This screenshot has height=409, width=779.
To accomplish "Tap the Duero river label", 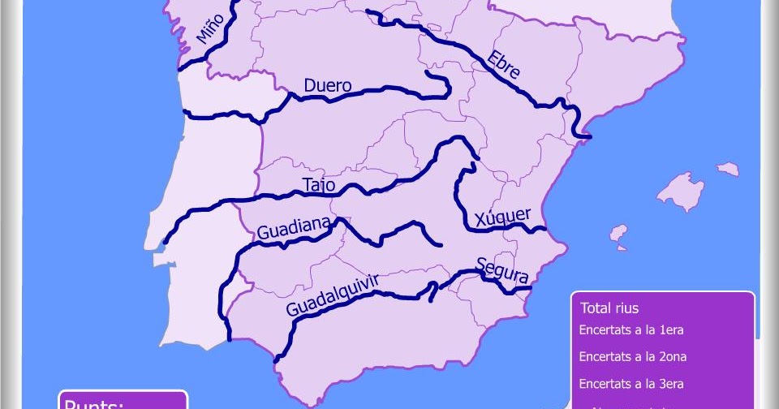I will (327, 85).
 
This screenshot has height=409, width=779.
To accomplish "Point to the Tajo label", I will (318, 185).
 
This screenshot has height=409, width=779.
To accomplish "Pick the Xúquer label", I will (503, 217).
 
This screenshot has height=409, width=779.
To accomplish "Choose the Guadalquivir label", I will (333, 295).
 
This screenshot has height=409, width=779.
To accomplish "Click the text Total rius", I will (609, 308).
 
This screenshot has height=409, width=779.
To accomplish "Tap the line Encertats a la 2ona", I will (634, 356).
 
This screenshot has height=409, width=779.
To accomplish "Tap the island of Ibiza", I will (619, 236).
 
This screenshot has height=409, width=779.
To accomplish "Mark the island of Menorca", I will (728, 169).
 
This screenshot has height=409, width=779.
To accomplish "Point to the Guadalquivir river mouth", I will (277, 359).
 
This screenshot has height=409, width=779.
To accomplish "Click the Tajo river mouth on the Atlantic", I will (166, 241).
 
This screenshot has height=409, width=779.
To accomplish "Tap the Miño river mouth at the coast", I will (180, 67).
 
